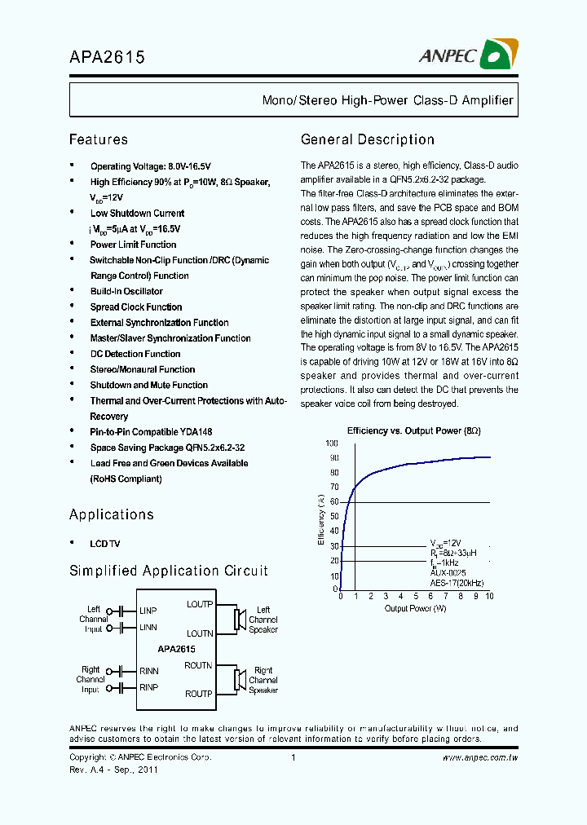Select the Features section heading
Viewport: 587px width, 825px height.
tap(99, 139)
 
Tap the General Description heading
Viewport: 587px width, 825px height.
tap(368, 139)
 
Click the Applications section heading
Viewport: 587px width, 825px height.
tap(112, 514)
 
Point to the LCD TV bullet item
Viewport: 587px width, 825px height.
tap(104, 544)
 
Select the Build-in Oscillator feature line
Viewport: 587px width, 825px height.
tap(126, 291)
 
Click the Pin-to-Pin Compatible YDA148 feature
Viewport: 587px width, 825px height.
tap(152, 432)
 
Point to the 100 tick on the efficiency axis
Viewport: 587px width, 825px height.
tap(332, 443)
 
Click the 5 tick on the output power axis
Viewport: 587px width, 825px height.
tap(415, 597)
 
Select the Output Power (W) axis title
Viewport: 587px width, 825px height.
tap(415, 608)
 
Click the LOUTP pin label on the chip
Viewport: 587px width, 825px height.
tap(200, 604)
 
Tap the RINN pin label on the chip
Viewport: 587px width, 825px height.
tap(148, 671)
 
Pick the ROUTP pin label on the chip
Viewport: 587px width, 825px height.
tap(199, 694)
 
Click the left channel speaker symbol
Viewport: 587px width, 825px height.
tap(240, 620)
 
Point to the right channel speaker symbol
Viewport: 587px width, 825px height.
tap(240, 679)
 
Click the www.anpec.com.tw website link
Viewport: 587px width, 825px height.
tap(480, 757)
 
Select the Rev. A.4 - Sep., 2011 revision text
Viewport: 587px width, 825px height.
tap(113, 769)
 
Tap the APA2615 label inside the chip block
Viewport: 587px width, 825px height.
tap(177, 649)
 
